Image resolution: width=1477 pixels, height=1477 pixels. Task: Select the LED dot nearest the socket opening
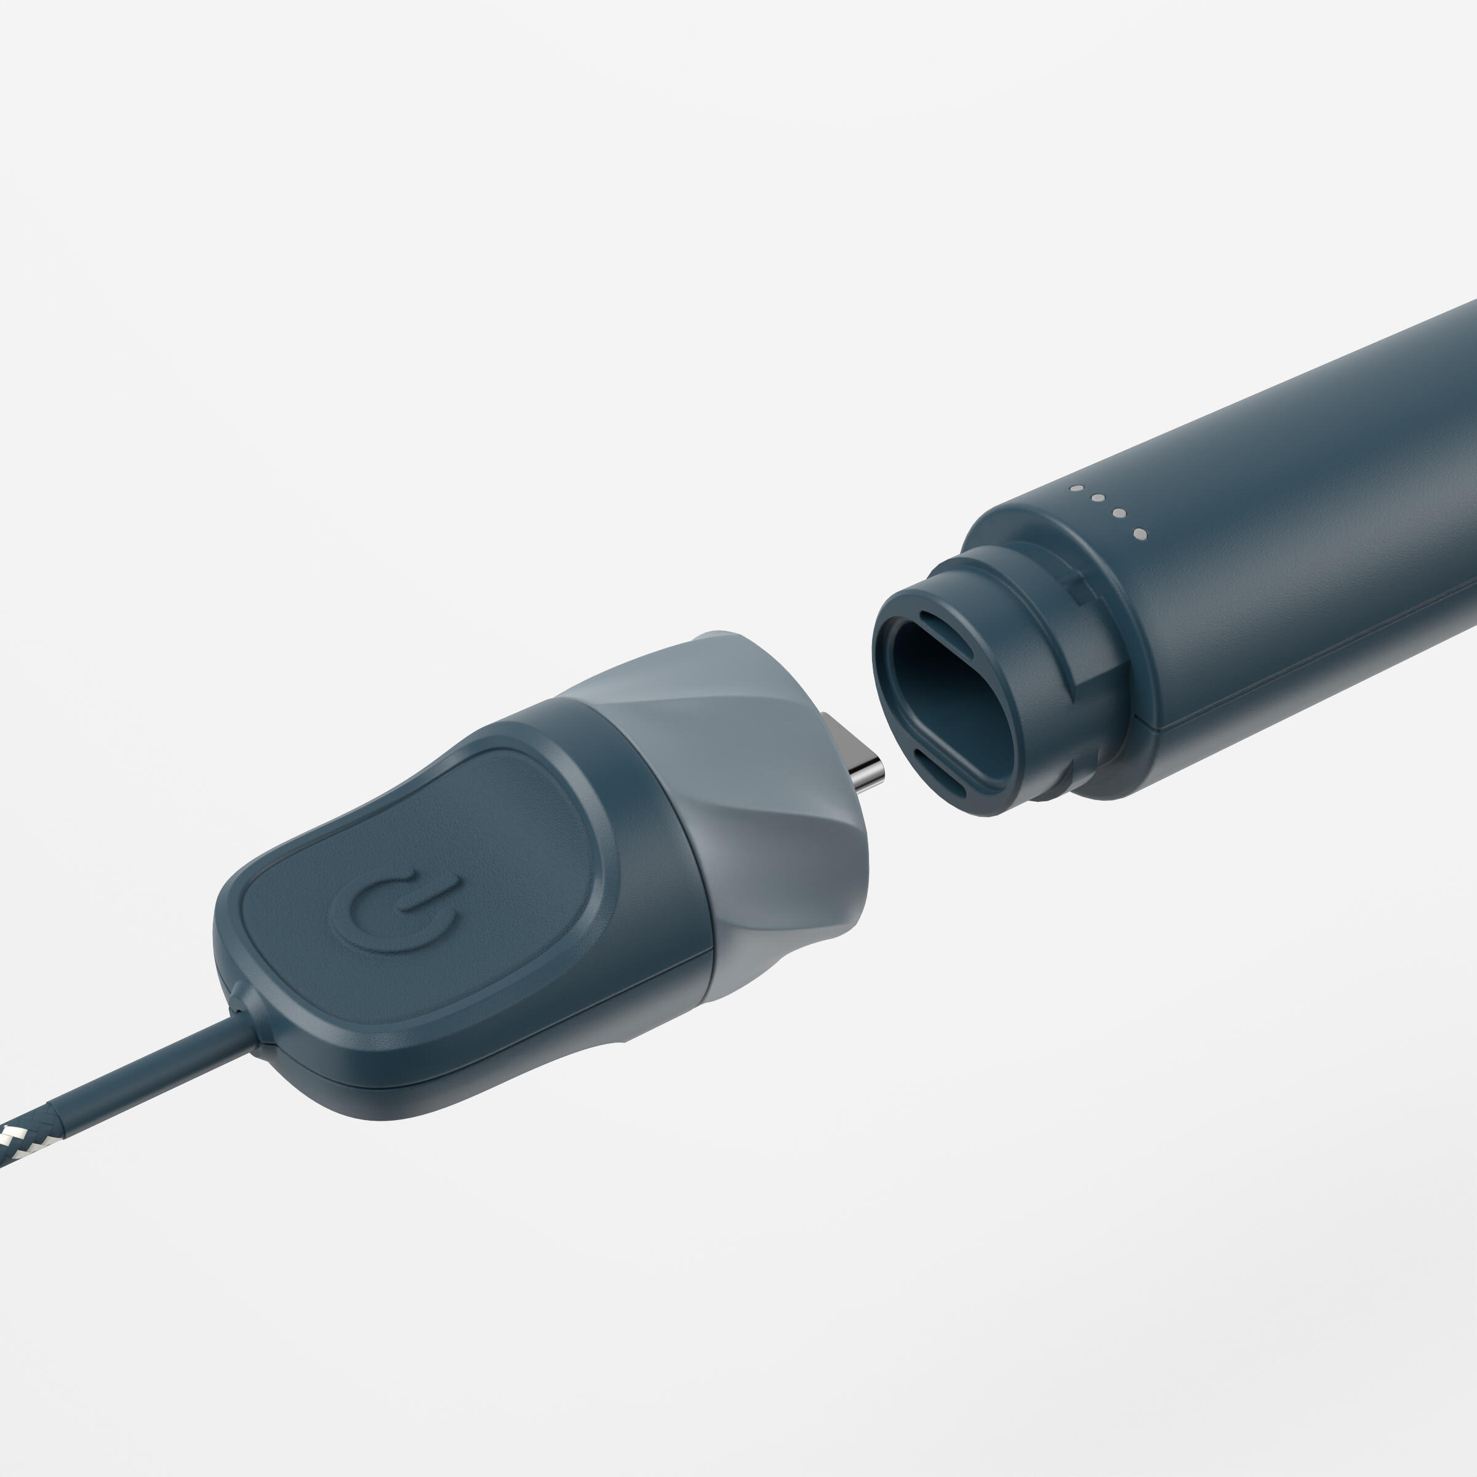[x=1139, y=534]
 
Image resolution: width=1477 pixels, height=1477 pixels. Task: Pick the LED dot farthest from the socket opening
[x=1076, y=488]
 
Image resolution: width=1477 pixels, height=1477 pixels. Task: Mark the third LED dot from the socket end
[x=1098, y=499]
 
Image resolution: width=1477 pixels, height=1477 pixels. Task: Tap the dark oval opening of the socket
[x=956, y=703]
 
